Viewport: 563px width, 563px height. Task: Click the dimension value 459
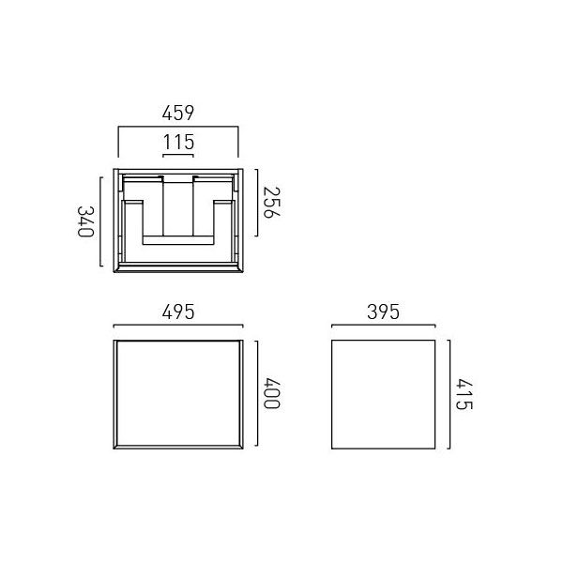pos(178,113)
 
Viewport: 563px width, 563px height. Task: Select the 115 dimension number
pos(178,142)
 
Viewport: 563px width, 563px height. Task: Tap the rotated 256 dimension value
pos(271,202)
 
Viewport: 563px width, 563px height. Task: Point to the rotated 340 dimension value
pos(85,221)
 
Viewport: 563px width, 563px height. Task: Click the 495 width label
pos(178,312)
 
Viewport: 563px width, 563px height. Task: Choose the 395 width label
pos(383,312)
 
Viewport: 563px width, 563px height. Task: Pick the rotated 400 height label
pos(271,393)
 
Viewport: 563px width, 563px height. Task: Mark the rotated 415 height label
pos(464,394)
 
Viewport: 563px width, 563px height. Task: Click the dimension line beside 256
pos(257,203)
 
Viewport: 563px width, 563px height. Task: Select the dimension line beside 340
pos(100,221)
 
